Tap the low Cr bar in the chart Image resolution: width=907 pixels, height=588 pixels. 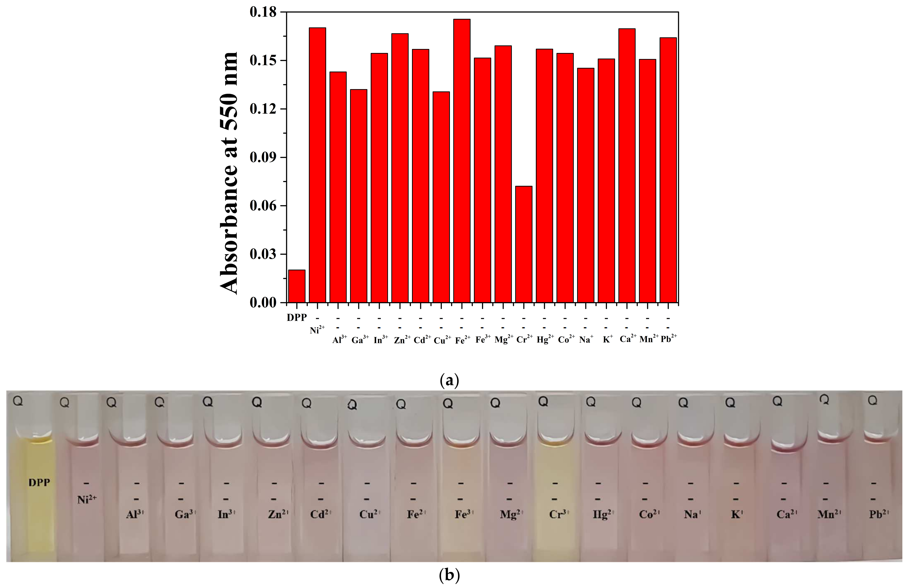524,244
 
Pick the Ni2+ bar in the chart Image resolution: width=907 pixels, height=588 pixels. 317,164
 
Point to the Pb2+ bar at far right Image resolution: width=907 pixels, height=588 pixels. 668,170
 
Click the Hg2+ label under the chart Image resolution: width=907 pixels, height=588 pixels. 545,339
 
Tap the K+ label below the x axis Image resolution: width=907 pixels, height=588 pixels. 607,339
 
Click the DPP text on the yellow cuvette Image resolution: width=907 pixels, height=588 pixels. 39,483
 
